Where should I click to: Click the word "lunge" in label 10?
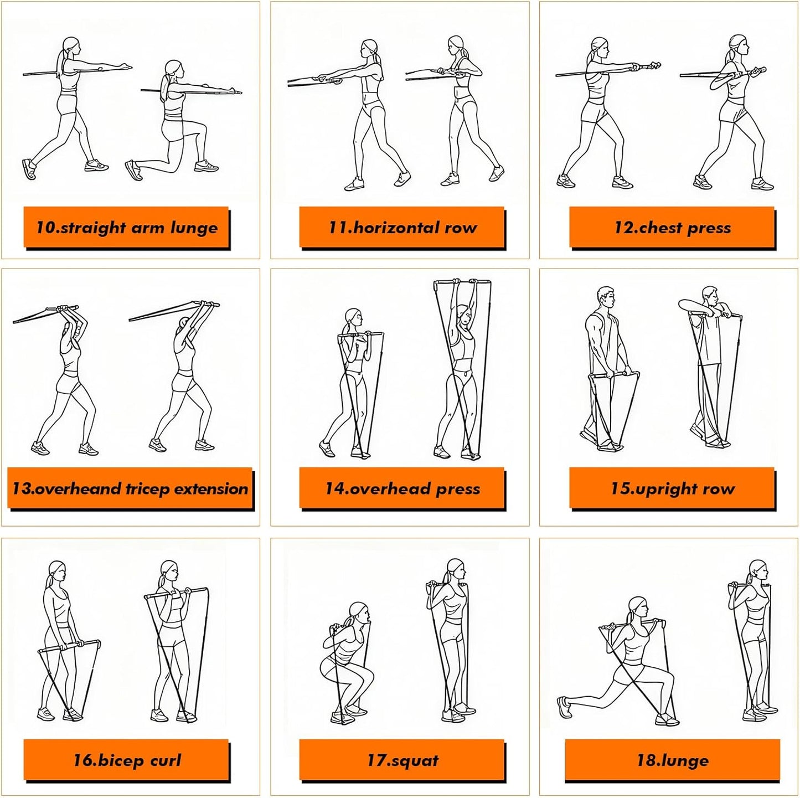(194, 228)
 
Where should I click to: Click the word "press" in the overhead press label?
(458, 489)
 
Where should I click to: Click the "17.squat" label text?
(402, 760)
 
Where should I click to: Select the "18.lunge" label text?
(672, 760)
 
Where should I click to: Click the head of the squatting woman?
(358, 612)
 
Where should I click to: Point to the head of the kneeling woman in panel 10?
(173, 69)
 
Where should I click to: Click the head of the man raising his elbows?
(710, 296)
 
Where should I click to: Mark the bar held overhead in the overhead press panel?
(462, 283)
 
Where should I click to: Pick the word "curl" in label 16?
(166, 760)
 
